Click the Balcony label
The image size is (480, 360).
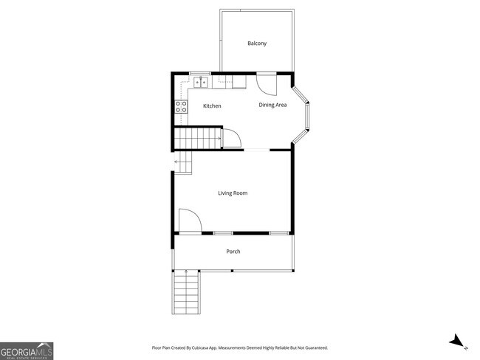(256, 44)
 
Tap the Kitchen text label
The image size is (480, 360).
(212, 106)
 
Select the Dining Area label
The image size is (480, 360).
(272, 105)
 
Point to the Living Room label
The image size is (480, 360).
(233, 193)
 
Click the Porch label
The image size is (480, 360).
(233, 252)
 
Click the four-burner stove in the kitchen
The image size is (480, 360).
(180, 108)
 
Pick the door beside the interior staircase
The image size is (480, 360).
(231, 139)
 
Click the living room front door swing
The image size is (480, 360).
(189, 221)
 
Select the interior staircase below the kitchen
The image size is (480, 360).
(199, 138)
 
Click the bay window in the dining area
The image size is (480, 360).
(304, 115)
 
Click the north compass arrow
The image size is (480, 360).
(458, 341)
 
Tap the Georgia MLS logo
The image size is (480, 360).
(27, 350)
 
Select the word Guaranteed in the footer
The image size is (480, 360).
(313, 347)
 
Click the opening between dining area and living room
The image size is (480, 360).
(257, 150)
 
